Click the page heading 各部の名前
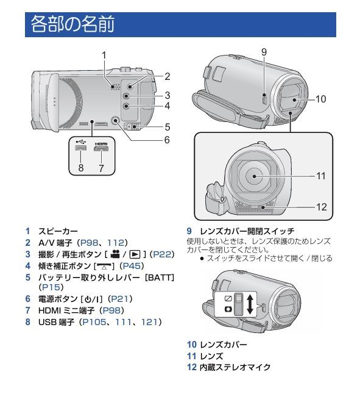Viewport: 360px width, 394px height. tap(72, 26)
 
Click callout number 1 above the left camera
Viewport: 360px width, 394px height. tap(104, 55)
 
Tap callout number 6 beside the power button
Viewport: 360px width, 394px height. tap(166, 139)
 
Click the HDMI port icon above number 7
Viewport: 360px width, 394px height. tap(101, 148)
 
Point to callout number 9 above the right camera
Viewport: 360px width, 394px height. tap(264, 52)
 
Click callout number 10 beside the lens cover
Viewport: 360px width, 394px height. tap(321, 98)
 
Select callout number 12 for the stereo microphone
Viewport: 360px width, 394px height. tap(320, 207)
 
